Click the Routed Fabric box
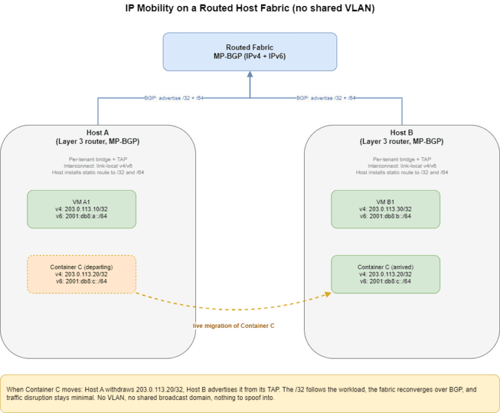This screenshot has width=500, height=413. [250, 51]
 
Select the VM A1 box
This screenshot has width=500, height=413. [81, 209]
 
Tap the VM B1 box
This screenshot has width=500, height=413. [385, 209]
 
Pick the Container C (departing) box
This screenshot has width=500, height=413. [81, 274]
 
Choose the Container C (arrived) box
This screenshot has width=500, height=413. [385, 274]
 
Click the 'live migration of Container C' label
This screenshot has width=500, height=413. [234, 326]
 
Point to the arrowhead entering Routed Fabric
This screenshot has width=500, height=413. [250, 74]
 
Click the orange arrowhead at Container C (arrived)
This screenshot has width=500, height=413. [328, 295]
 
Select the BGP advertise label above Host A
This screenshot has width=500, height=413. [174, 98]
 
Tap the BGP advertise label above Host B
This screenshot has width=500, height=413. [326, 98]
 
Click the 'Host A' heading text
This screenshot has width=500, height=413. [98, 133]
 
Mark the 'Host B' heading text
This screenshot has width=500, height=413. [402, 133]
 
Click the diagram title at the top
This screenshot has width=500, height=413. [250, 8]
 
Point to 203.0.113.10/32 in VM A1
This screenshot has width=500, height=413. [86, 209]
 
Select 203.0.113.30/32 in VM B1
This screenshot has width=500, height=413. [390, 209]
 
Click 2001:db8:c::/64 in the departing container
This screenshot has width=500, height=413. [86, 281]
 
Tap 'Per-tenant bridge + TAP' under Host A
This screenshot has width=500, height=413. [98, 159]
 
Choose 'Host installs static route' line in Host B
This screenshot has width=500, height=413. [402, 172]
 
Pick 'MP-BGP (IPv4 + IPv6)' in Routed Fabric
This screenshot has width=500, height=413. [250, 57]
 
